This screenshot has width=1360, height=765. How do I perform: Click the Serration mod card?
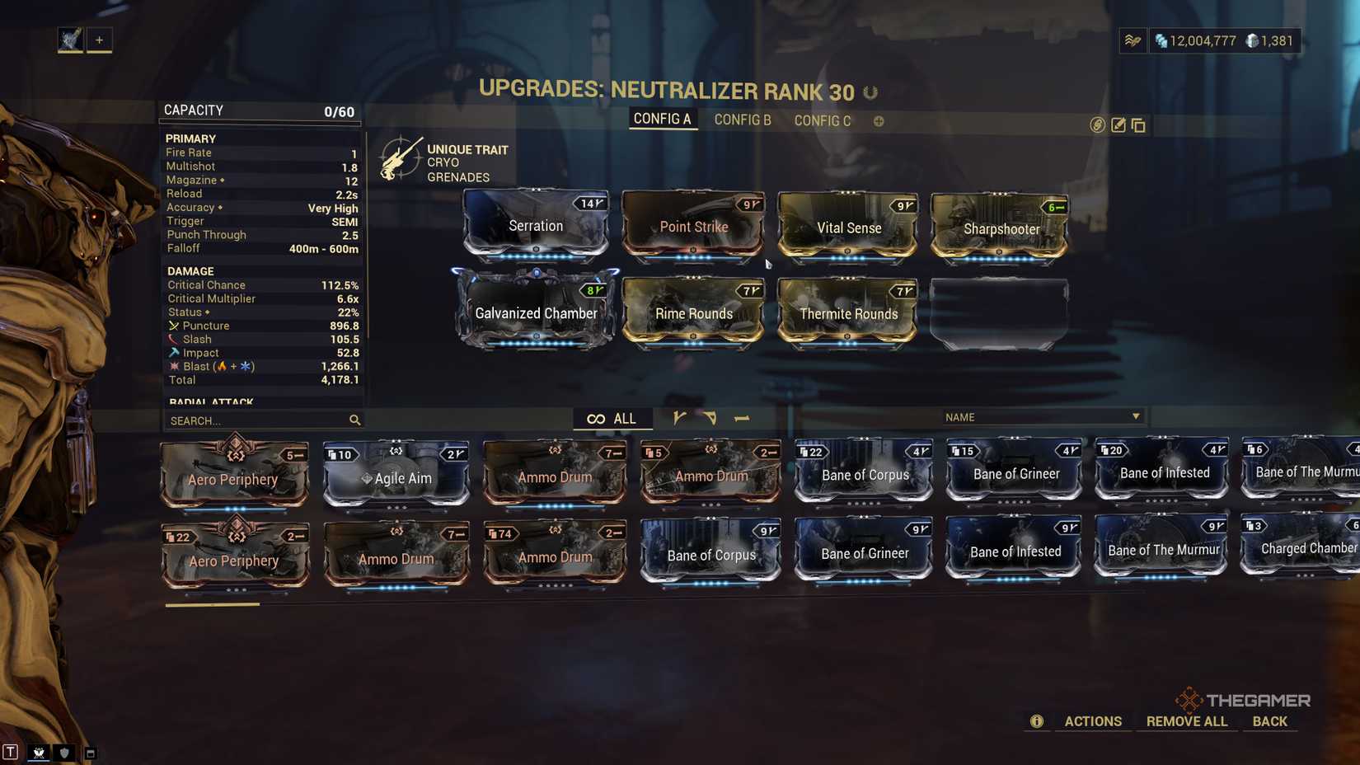point(536,225)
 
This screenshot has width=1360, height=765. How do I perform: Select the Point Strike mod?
point(693,227)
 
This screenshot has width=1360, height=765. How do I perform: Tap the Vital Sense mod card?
point(848,228)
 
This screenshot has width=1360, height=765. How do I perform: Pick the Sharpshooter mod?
point(1001,228)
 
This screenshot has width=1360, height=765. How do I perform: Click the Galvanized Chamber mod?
point(536,312)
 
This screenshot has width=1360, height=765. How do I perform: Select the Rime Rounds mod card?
point(693,313)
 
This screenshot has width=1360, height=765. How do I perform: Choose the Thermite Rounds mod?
point(848,313)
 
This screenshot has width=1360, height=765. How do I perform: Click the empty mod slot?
point(999,314)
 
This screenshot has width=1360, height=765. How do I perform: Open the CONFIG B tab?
point(743,120)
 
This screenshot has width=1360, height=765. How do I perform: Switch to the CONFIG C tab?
point(822,121)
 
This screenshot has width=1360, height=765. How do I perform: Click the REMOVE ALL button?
point(1186,721)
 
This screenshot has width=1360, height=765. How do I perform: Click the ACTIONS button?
point(1093,721)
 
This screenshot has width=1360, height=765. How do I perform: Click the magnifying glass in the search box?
point(354,420)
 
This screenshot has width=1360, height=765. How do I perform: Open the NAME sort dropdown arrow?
point(1136,416)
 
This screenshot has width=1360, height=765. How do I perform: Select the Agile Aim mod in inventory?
point(396,477)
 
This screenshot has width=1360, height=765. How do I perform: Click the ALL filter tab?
point(612,419)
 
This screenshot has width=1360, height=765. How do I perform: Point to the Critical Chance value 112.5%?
point(340,285)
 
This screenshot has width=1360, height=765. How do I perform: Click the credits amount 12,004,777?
point(1202,41)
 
